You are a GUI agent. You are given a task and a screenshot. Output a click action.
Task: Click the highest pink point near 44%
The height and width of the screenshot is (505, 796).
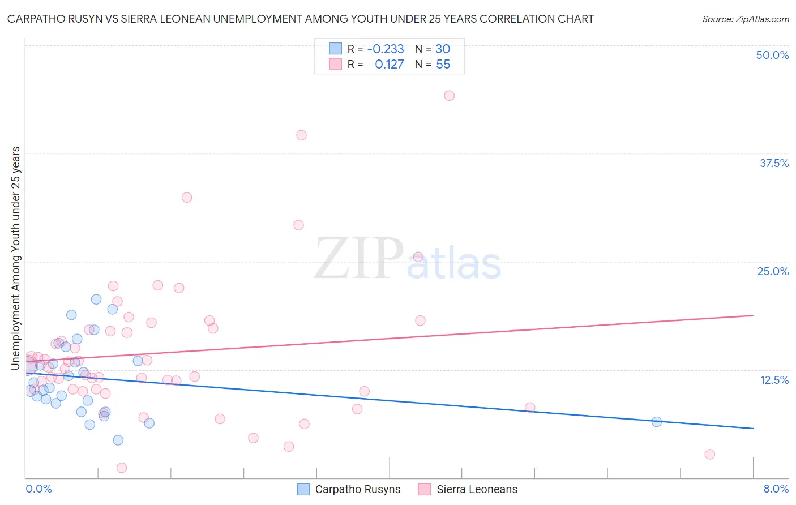point(449,96)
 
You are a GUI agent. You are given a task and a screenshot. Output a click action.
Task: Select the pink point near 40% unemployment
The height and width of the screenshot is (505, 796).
point(301,135)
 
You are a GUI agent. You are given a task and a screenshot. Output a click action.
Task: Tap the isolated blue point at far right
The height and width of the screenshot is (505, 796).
point(656,422)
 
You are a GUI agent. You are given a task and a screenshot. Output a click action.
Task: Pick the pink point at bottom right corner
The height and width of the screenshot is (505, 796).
point(709,455)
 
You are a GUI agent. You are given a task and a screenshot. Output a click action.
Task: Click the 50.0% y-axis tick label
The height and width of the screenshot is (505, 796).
point(772,55)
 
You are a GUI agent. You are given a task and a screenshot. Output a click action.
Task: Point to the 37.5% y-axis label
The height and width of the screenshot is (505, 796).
point(774,163)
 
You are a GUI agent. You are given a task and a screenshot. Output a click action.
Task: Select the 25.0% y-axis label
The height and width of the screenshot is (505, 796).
point(773,271)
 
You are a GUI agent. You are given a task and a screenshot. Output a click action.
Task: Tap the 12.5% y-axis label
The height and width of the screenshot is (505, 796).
point(774,380)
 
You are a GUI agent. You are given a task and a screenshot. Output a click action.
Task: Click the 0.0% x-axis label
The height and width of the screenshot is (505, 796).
point(38,489)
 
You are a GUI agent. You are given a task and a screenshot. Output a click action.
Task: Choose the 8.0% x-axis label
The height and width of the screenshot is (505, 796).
point(776,489)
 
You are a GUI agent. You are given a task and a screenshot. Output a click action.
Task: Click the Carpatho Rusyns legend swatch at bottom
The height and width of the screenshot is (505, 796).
point(303,490)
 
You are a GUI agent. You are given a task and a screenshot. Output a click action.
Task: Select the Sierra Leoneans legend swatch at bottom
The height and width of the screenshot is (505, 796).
point(425,490)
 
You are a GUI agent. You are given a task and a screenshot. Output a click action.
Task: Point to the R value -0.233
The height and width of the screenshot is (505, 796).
point(386,49)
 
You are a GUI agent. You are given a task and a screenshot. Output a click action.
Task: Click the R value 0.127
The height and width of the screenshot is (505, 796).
point(389,65)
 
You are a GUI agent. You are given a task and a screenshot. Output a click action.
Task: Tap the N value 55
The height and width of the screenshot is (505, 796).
point(443,65)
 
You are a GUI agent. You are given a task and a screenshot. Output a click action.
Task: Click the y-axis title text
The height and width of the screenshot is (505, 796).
point(15,258)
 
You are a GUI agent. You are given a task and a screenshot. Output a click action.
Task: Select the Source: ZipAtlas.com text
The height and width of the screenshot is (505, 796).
point(745,19)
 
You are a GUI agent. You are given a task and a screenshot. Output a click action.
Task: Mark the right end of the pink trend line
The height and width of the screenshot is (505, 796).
point(753,315)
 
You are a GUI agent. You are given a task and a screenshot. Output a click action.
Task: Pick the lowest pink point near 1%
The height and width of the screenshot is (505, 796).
point(121,468)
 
